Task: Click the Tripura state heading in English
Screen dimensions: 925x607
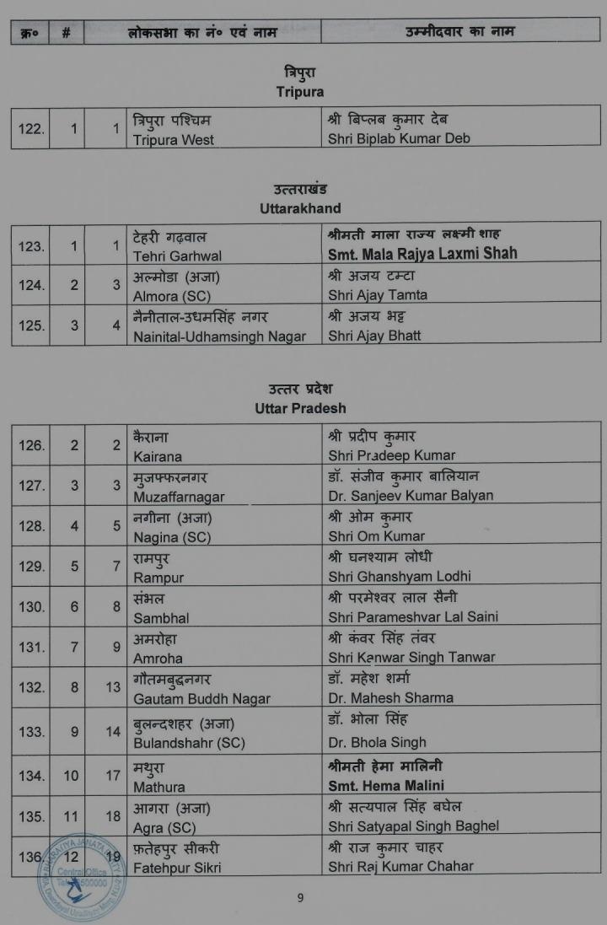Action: pyautogui.click(x=299, y=92)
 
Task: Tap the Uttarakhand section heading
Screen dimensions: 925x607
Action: pyautogui.click(x=300, y=207)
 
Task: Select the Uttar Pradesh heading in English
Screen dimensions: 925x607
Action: pyautogui.click(x=300, y=408)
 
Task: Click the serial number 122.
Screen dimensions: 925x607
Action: pyautogui.click(x=31, y=129)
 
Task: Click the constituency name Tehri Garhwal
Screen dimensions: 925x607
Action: pyautogui.click(x=177, y=255)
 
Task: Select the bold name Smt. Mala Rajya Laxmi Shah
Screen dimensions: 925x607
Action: pyautogui.click(x=422, y=253)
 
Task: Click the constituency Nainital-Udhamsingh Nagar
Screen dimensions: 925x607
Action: pyautogui.click(x=219, y=336)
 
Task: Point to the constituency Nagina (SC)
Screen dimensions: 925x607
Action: pyautogui.click(x=172, y=536)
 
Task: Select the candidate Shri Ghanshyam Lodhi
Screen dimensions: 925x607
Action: pyautogui.click(x=400, y=577)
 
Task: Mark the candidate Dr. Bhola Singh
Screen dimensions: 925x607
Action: pyautogui.click(x=377, y=743)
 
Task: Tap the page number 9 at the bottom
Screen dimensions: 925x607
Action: pyautogui.click(x=300, y=898)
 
